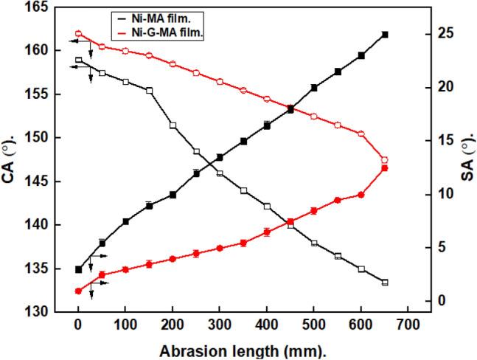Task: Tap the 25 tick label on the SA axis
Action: [439, 34]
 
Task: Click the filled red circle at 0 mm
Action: [78, 291]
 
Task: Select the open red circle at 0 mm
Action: [78, 34]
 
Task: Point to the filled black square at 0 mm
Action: [78, 269]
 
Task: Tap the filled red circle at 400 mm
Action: [267, 232]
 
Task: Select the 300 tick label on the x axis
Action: [220, 325]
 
